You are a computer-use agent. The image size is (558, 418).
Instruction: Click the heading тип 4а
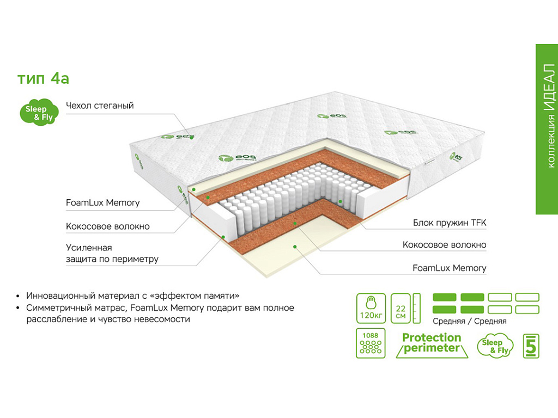click(x=44, y=78)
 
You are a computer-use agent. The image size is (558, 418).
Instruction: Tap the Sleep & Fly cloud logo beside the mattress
click(x=37, y=113)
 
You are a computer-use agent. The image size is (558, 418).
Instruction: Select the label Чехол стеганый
click(x=100, y=106)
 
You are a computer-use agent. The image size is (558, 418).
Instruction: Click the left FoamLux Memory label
click(x=102, y=203)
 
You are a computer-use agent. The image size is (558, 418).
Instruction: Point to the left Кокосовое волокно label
click(x=107, y=226)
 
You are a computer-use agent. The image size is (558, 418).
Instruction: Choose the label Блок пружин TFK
click(x=450, y=223)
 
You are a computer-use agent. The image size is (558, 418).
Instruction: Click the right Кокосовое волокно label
click(x=444, y=245)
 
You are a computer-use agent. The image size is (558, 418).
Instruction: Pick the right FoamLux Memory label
click(x=449, y=268)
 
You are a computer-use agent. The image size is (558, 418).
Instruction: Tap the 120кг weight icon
click(x=371, y=309)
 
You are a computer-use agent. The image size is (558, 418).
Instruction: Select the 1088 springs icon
click(x=371, y=343)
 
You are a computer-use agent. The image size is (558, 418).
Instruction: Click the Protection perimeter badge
click(x=432, y=343)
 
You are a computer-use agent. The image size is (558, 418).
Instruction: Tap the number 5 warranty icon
click(x=531, y=345)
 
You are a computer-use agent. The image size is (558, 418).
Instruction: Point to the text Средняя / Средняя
click(x=469, y=321)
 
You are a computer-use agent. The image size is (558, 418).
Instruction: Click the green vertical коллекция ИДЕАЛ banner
click(x=547, y=129)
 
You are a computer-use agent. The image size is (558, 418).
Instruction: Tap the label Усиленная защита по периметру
click(x=112, y=253)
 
